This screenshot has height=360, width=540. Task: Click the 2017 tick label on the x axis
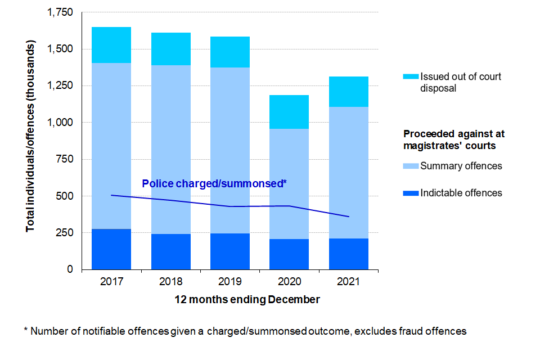coord(111,281)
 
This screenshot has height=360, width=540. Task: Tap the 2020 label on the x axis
coord(289,281)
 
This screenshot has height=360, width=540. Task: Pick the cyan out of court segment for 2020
coord(289,112)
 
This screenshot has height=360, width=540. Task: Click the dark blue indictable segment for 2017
coord(111,249)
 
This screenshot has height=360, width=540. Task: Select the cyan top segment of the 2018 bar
coord(170,49)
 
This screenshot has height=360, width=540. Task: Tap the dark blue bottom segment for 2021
coord(349,254)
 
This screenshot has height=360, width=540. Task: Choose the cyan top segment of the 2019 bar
coord(230,52)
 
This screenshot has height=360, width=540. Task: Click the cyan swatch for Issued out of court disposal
coord(411,76)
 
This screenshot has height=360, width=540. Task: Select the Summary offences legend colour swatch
coord(411,166)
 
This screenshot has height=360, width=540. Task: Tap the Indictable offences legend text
coord(461,193)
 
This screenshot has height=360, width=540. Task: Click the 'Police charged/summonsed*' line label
coord(214,183)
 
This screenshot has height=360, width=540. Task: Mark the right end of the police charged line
coord(349,217)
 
